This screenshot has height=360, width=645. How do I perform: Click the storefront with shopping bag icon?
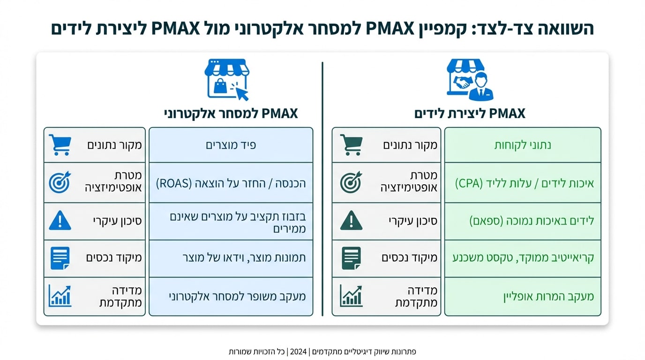(226, 79)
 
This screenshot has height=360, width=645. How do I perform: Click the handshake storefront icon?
(470, 79)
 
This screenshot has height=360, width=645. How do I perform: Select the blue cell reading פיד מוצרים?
(231, 145)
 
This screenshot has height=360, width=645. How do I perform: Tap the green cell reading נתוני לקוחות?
(522, 145)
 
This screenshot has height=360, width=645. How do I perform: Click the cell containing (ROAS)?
(231, 183)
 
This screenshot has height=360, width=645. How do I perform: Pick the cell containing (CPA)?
(522, 183)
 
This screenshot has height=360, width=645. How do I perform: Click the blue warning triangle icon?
(60, 220)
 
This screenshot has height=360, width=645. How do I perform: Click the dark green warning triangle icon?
(351, 220)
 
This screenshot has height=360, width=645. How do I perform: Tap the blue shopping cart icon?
(60, 145)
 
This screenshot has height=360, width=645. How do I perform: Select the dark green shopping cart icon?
(351, 145)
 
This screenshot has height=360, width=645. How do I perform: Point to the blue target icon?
(60, 182)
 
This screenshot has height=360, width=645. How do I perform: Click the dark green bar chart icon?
(351, 296)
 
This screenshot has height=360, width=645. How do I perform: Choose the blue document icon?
(60, 258)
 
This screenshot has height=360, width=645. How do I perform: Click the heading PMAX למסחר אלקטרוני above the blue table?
(231, 113)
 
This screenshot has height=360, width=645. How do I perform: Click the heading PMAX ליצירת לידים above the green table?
(470, 113)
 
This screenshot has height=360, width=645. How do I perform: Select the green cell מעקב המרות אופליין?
(522, 296)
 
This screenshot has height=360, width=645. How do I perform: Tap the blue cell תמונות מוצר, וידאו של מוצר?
(231, 258)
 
